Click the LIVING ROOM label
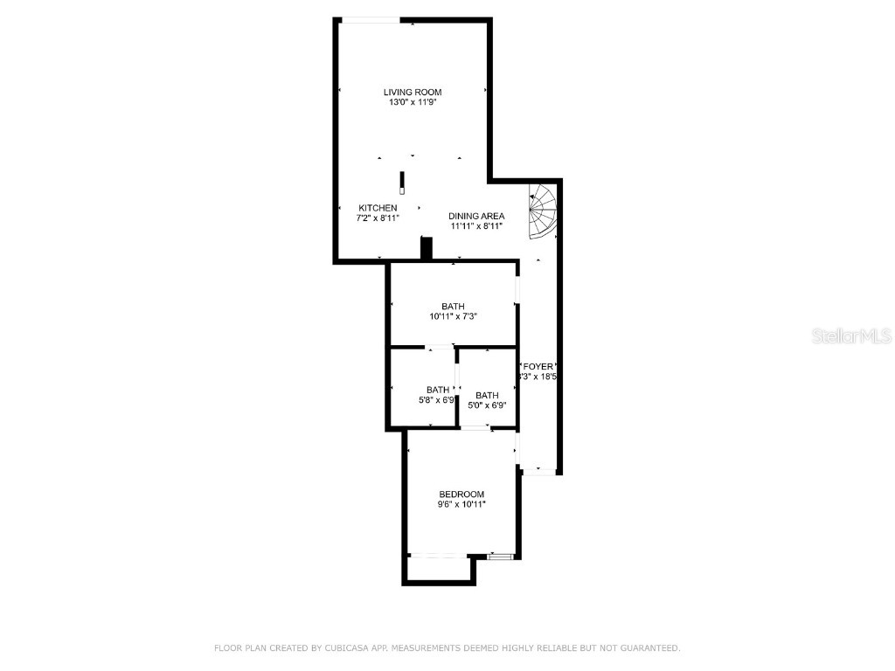point(413,92)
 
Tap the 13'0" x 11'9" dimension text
point(413,102)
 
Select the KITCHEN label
point(378,208)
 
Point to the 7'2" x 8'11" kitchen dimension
point(378,218)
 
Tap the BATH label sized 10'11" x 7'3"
point(453,306)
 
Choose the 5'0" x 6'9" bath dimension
point(487,405)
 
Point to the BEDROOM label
point(461,495)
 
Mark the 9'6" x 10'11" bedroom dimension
point(461,504)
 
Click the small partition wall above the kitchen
point(402,182)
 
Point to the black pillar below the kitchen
point(427,248)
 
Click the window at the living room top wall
point(370,20)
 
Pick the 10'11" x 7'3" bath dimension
point(453,316)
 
